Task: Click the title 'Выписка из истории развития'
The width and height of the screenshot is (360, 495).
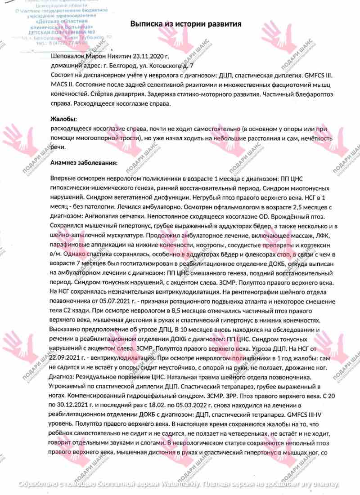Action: pos(186,23)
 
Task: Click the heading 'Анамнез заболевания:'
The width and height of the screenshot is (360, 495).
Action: pos(85,162)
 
